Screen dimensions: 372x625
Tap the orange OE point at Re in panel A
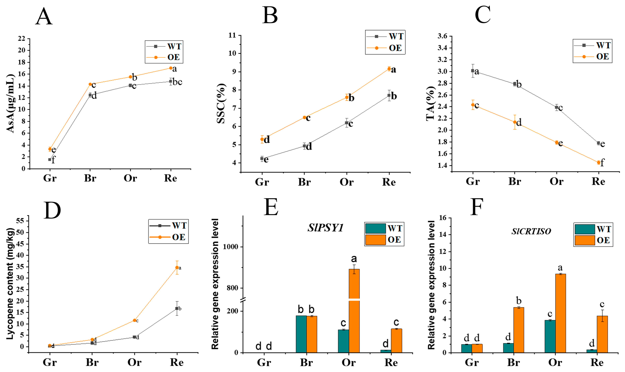point(171,68)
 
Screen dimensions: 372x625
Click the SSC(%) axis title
point(221,104)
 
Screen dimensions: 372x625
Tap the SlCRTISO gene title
point(531,231)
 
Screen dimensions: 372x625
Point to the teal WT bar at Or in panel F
point(550,336)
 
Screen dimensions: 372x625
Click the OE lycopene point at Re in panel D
point(177,268)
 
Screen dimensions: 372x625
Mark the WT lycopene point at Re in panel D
point(177,308)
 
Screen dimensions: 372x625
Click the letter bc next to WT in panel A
point(177,82)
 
